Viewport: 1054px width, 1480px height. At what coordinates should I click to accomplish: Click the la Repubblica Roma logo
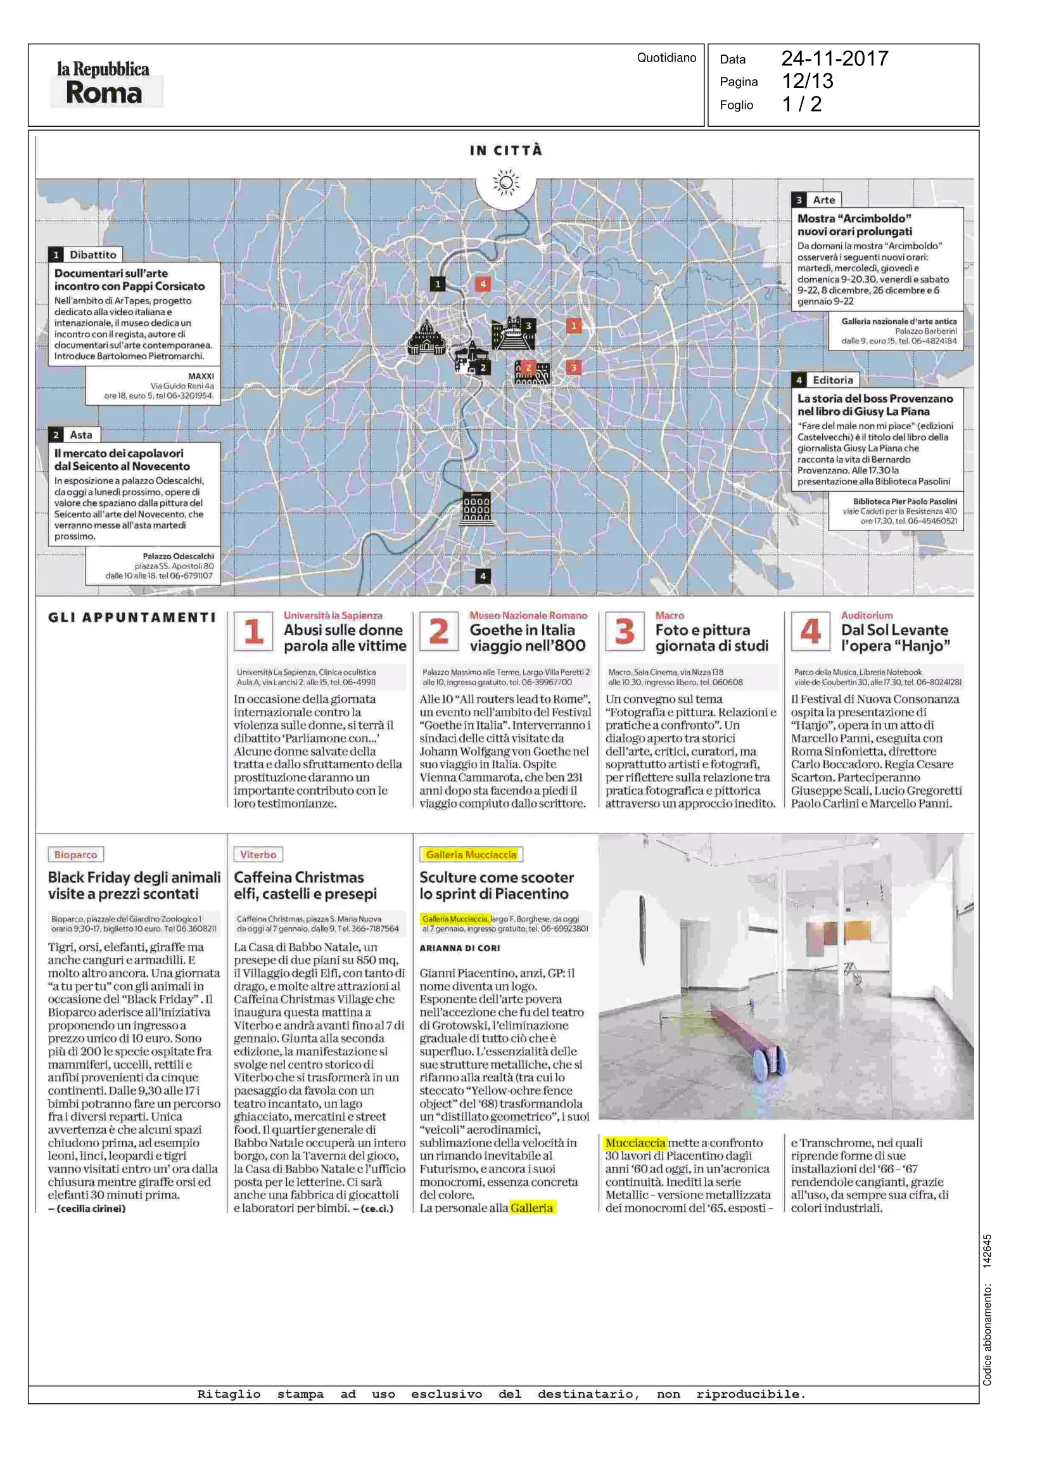(x=104, y=82)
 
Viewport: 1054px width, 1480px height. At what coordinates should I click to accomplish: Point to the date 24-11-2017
(x=834, y=58)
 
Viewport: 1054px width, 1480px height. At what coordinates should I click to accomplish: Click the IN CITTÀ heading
(x=505, y=150)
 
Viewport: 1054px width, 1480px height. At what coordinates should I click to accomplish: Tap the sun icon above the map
(x=505, y=183)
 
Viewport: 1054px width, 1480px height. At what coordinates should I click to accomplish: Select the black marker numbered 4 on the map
(x=482, y=576)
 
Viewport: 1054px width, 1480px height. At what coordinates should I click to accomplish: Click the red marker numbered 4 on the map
(x=482, y=284)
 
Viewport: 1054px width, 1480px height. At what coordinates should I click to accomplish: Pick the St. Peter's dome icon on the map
(x=426, y=338)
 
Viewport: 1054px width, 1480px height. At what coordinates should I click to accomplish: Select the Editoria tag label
(x=832, y=380)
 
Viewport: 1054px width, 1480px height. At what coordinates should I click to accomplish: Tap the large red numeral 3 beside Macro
(x=625, y=631)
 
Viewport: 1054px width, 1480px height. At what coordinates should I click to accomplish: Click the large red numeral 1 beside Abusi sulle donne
(x=253, y=631)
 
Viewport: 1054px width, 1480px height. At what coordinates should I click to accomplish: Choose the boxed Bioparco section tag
(x=75, y=854)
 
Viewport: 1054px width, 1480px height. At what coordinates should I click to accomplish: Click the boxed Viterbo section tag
(x=258, y=854)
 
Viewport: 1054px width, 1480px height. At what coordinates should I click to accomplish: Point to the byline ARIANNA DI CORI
(x=459, y=948)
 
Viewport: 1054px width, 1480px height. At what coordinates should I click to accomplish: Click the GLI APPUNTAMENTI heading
(x=132, y=617)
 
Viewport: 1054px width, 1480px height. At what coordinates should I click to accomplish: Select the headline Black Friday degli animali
(x=134, y=877)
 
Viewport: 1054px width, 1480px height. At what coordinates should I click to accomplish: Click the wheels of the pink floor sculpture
(x=770, y=1064)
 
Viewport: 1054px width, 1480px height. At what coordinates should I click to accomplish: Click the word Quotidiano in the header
(x=666, y=58)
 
